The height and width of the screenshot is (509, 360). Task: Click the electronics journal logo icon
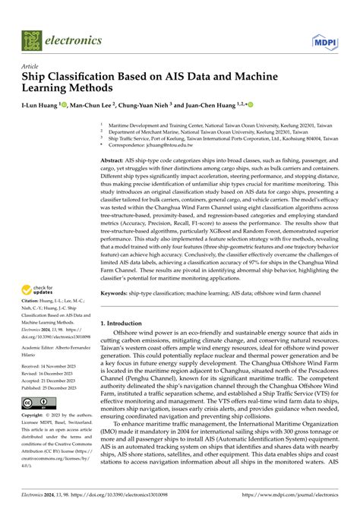pyautogui.click(x=33, y=40)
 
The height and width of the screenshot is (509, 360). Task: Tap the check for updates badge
pyautogui.click(x=41, y=268)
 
